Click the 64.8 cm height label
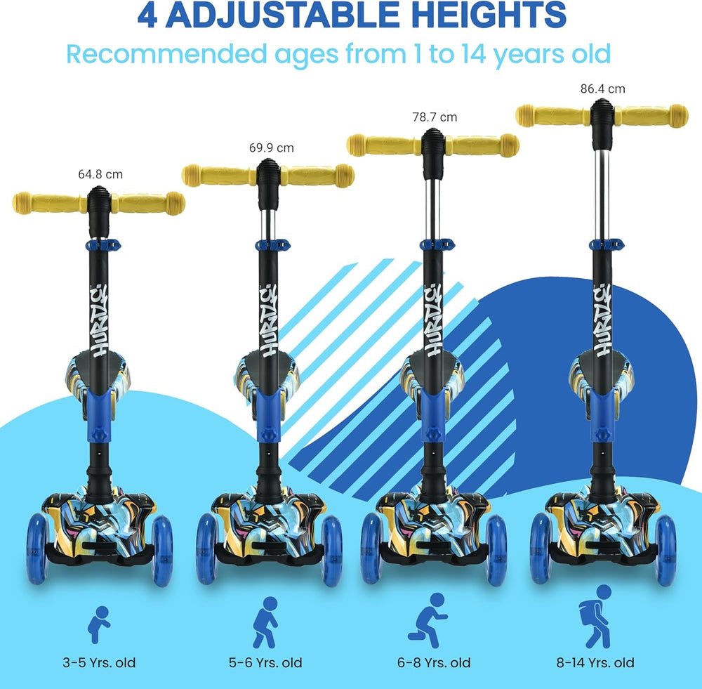(98, 173)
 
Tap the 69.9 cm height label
(272, 147)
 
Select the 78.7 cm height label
(435, 117)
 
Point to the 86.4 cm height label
(602, 89)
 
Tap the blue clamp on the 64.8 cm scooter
(98, 244)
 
